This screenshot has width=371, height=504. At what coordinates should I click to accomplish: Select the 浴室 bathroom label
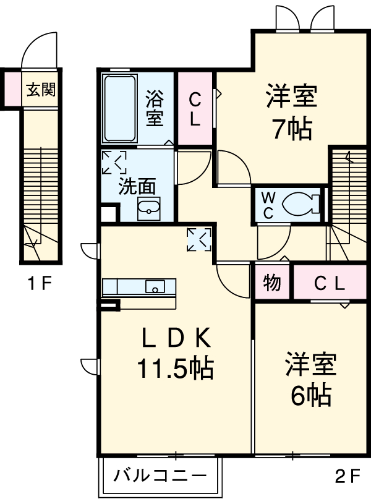click(154, 108)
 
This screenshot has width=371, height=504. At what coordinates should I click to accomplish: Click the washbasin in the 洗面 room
click(148, 209)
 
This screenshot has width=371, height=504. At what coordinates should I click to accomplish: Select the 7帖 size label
click(292, 129)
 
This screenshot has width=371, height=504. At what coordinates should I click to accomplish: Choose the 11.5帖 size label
click(175, 369)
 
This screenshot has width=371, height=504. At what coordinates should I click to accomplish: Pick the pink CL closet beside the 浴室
click(195, 109)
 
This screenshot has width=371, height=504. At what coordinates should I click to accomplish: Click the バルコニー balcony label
click(160, 477)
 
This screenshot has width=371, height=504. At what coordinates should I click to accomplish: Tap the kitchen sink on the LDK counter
click(155, 286)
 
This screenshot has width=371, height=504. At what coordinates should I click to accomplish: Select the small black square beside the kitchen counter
click(109, 305)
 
